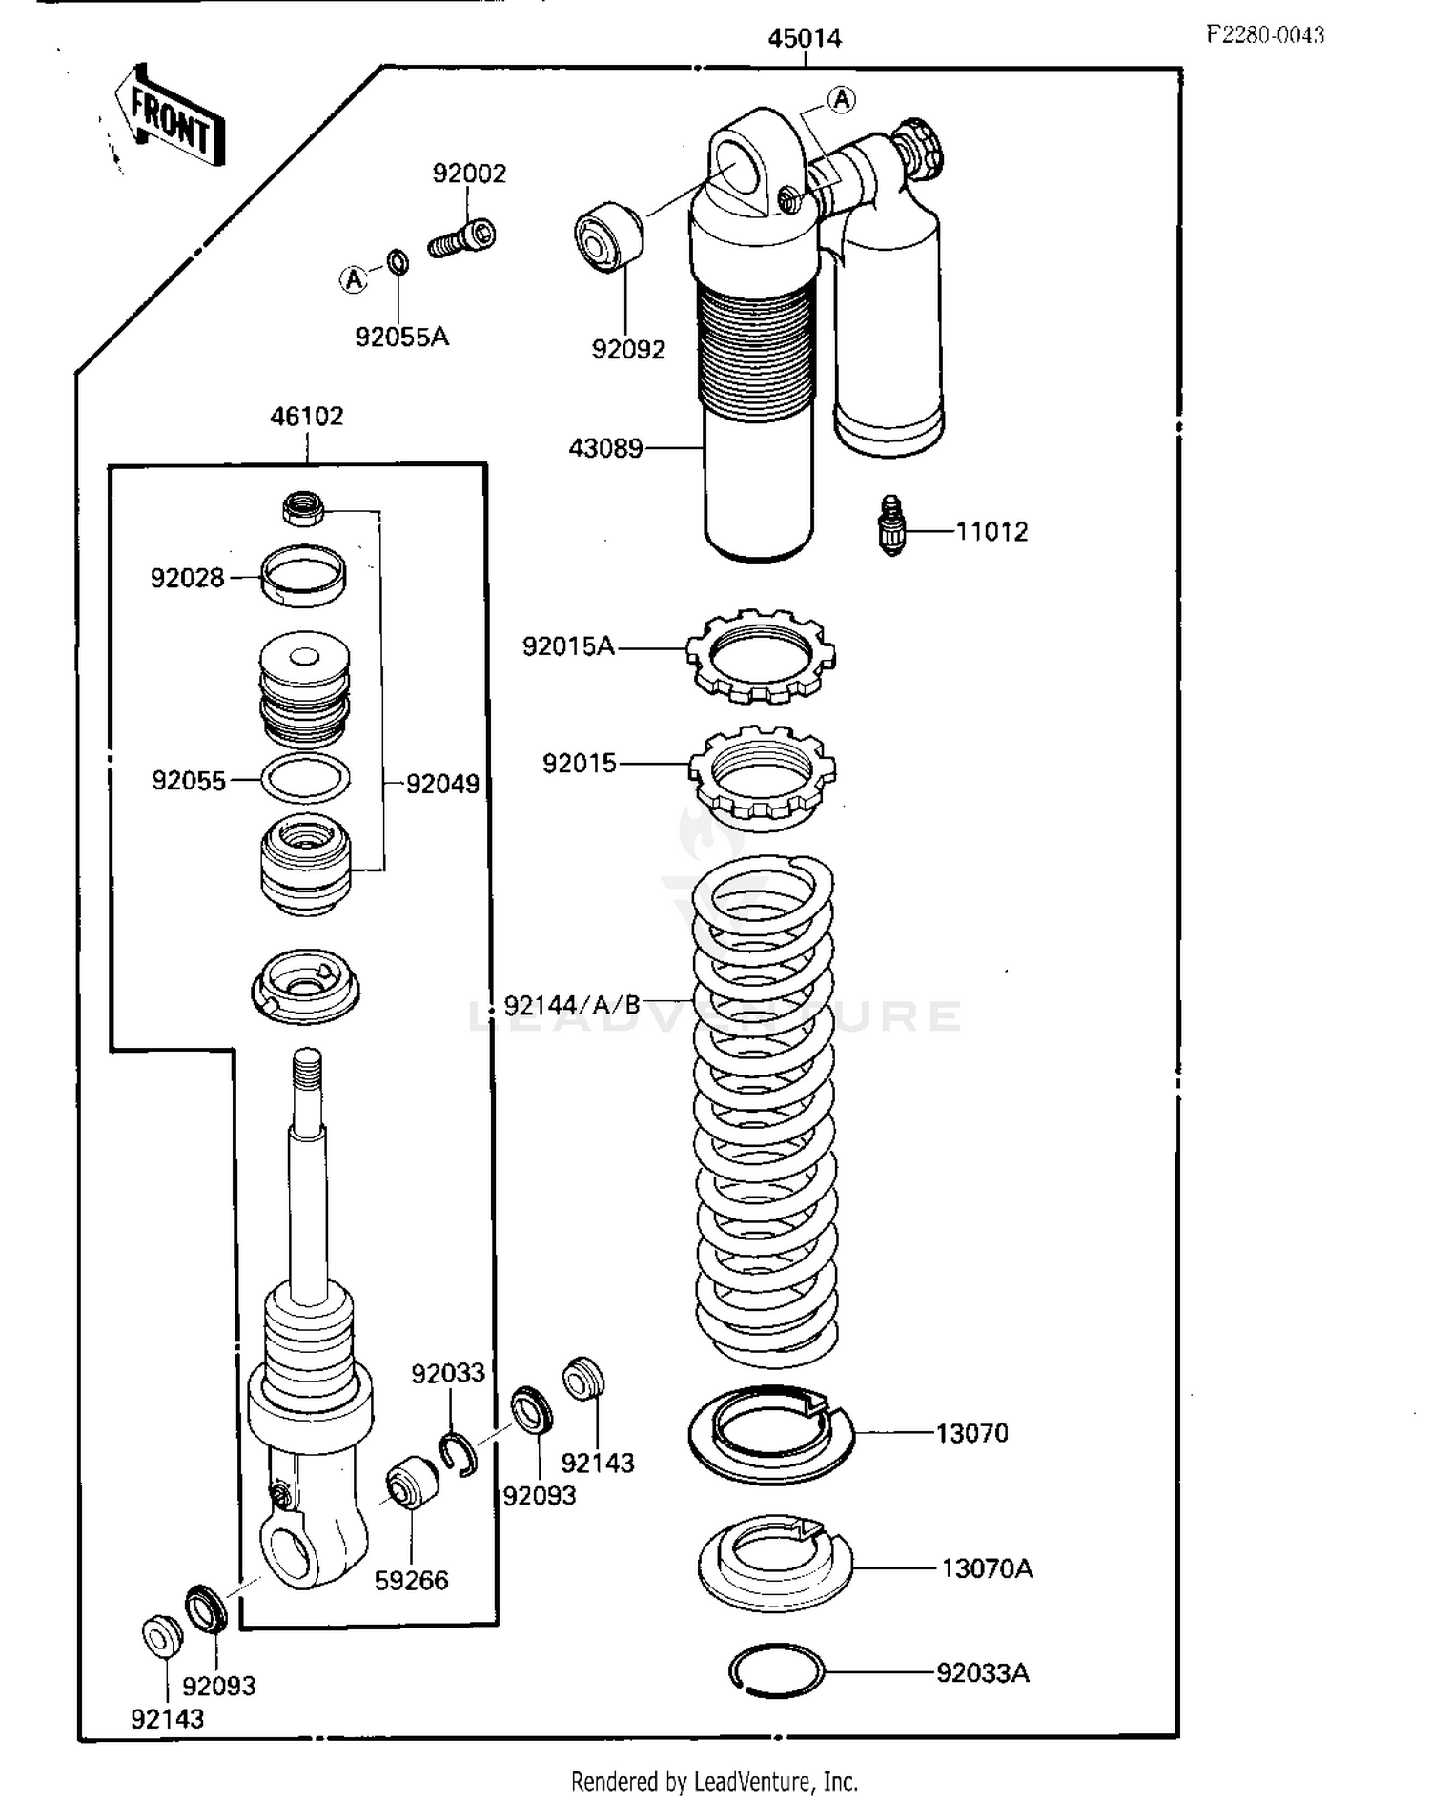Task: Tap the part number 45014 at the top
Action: click(805, 38)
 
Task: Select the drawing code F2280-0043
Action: click(1265, 35)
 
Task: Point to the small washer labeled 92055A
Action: click(399, 259)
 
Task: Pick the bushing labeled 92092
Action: click(608, 236)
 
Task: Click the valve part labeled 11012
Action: click(890, 525)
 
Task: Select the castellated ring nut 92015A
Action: click(761, 655)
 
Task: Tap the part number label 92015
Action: click(579, 764)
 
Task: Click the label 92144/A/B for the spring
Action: click(572, 1006)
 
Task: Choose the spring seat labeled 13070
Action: click(770, 1433)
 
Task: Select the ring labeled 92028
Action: click(303, 576)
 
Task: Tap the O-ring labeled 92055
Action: click(305, 778)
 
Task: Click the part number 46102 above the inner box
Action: click(306, 417)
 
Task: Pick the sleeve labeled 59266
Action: click(412, 1483)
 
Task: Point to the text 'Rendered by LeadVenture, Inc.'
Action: click(714, 1781)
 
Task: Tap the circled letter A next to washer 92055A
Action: click(354, 279)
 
